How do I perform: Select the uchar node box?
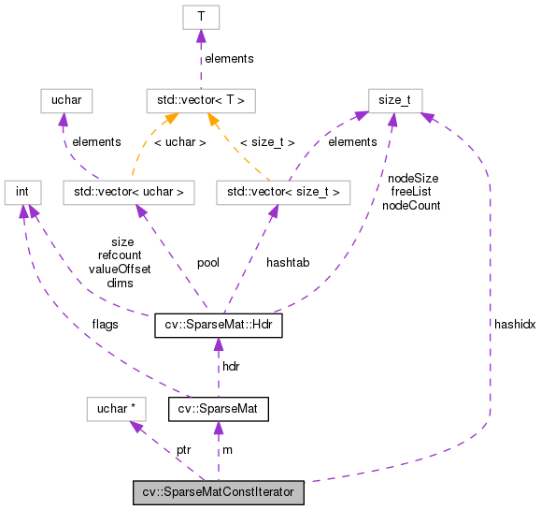[x=61, y=99]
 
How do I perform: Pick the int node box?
[x=22, y=193]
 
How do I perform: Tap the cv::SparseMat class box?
[x=219, y=409]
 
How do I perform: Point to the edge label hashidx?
[x=515, y=322]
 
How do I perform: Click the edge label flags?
[x=105, y=325]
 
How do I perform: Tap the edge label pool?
[x=207, y=263]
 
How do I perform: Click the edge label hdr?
[x=231, y=366]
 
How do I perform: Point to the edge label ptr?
[x=184, y=450]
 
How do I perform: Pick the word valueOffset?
[x=120, y=268]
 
